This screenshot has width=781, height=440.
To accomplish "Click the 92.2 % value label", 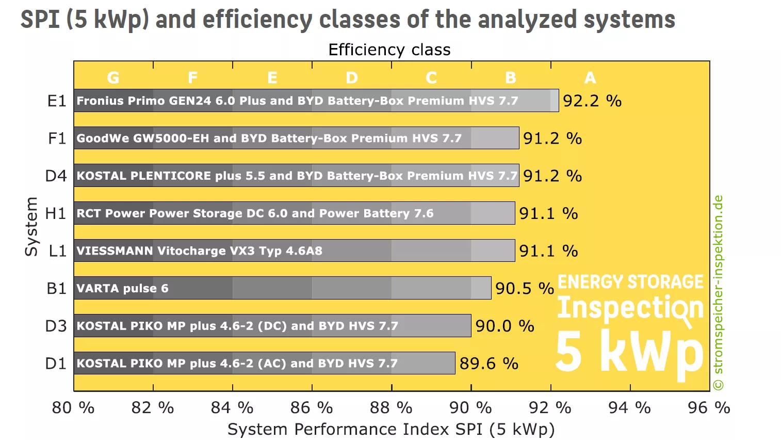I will point(592,101).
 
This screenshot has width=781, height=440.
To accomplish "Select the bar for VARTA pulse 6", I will point(282,288).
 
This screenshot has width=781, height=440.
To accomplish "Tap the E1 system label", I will point(57,101).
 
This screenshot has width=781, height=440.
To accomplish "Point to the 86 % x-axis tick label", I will point(312,408).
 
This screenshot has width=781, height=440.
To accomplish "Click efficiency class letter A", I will point(590,77).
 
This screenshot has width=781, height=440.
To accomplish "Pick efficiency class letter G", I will point(113,77).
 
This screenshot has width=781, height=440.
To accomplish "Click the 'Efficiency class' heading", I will point(389,50).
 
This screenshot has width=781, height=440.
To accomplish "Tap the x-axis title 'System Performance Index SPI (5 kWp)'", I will point(390,429).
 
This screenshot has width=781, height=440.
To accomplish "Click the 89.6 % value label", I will point(489,364).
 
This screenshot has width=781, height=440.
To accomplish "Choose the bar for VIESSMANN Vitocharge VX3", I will point(294,250).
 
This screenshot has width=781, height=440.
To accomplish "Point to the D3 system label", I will point(56,326).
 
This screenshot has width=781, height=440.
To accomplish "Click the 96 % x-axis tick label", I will point(709,408).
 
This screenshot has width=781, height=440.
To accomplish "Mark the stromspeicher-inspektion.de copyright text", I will point(718,292).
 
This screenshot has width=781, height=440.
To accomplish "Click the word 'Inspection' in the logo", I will point(630,308).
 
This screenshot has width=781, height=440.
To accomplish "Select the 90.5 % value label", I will point(524,288).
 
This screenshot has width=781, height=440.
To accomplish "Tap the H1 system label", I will point(56,213).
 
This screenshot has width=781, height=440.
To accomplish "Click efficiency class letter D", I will point(352,77).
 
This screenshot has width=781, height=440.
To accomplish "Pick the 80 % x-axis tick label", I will point(73,408).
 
